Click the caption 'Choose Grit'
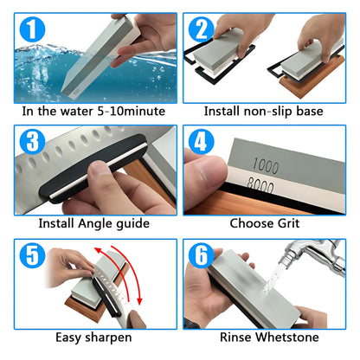click(264, 223)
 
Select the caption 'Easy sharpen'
click(93, 336)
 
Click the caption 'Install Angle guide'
click(93, 223)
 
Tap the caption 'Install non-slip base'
click(264, 111)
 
